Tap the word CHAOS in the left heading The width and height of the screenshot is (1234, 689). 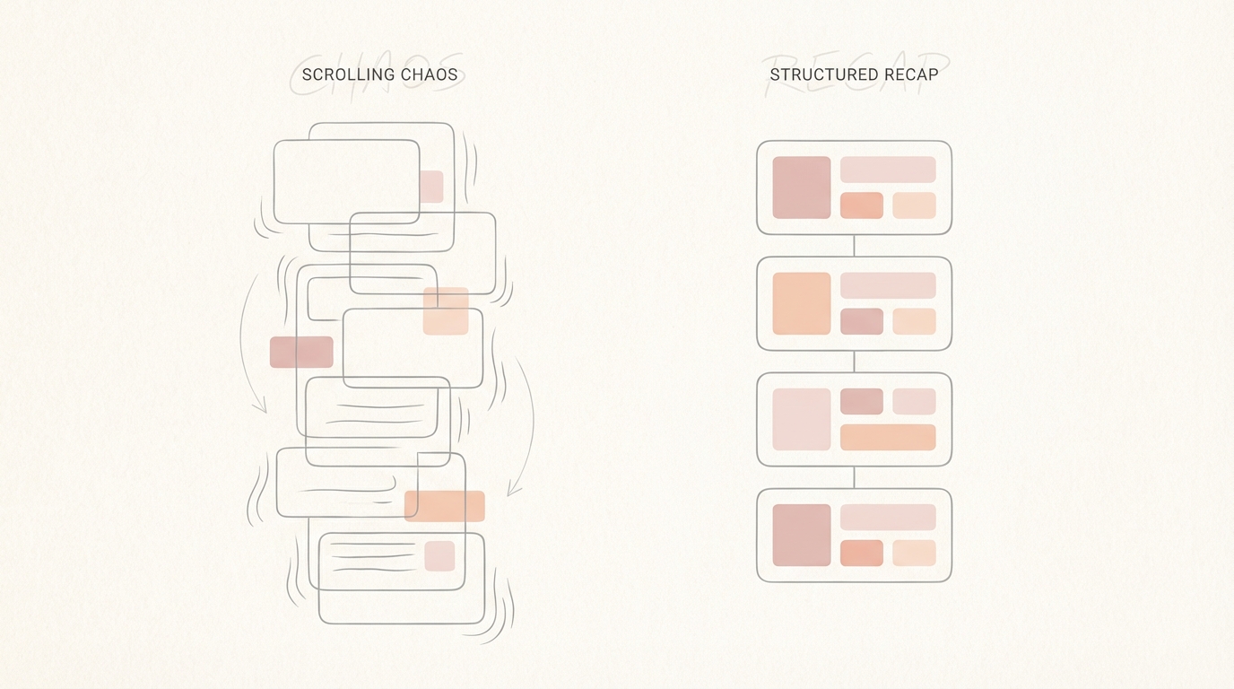click(430, 75)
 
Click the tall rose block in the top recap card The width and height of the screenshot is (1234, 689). click(802, 188)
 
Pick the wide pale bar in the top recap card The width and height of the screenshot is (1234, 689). click(888, 170)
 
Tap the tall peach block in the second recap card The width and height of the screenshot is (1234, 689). click(802, 303)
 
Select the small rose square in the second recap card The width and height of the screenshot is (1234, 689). click(862, 321)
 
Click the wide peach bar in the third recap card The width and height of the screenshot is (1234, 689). click(888, 438)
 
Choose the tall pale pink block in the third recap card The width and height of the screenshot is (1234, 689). click(802, 420)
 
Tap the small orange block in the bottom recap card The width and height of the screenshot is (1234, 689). click(862, 553)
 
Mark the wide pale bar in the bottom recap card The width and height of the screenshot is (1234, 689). click(888, 517)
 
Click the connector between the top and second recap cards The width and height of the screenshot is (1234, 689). click(855, 246)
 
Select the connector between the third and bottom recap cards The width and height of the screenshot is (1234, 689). click(855, 477)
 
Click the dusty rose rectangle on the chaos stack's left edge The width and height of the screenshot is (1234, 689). click(301, 353)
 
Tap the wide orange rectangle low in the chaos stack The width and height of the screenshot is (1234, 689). click(445, 506)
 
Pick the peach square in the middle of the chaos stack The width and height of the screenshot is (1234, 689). click(446, 311)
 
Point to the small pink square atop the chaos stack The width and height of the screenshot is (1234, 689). click(431, 187)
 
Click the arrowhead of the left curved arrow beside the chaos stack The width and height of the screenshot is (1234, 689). click(262, 406)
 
